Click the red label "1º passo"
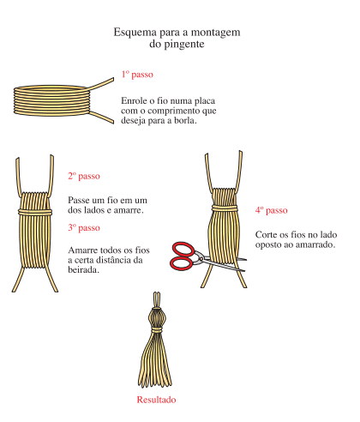[137, 75]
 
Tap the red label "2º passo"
[84, 176]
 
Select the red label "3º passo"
[84, 227]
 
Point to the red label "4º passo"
[272, 210]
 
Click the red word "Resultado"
[156, 400]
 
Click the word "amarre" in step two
[129, 210]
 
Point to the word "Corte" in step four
[266, 235]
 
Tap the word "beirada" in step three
[83, 269]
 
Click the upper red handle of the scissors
[183, 250]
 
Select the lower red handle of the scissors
[181, 263]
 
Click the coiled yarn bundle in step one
[51, 100]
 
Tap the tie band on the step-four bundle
[225, 208]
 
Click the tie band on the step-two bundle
[35, 212]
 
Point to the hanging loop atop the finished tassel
[156, 299]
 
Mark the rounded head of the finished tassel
[156, 317]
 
